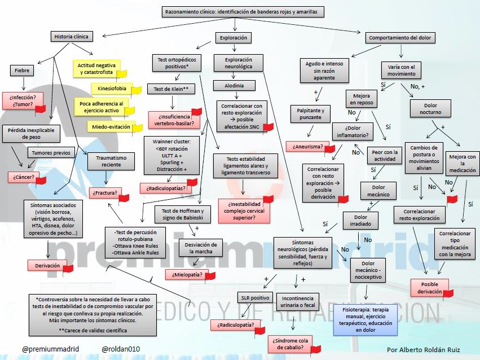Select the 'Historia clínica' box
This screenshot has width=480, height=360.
(71, 37)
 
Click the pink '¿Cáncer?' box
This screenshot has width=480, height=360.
(21, 178)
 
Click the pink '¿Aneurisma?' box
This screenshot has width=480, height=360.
(308, 147)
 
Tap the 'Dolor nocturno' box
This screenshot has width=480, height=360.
(430, 108)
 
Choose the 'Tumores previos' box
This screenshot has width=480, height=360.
(51, 153)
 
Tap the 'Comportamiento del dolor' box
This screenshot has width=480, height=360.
(400, 38)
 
